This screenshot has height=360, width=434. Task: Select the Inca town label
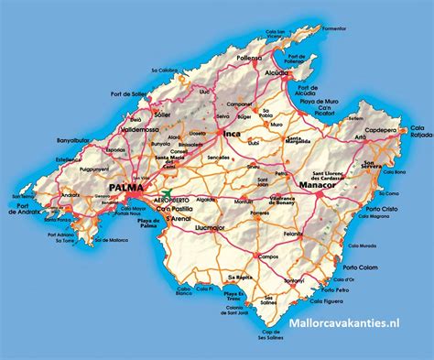[x=232, y=136]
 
